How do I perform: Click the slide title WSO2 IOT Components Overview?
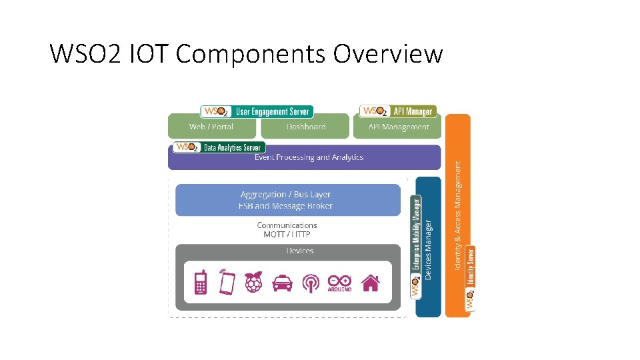point(246,53)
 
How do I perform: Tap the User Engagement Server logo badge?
point(257,111)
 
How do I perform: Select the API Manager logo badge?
point(398,111)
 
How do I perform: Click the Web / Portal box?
point(211,127)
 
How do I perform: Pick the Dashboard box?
point(305,127)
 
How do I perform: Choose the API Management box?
point(399,127)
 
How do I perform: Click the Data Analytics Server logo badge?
point(219,147)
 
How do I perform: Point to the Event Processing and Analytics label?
point(309,157)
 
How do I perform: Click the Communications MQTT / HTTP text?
point(287,230)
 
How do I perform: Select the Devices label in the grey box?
point(299,251)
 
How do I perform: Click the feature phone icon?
point(200,282)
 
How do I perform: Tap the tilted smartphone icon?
point(227,282)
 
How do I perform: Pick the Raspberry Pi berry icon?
point(254,282)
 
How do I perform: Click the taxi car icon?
point(282,283)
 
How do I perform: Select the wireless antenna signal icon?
point(311,283)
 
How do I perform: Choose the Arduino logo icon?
point(339,283)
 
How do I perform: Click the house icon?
point(371,283)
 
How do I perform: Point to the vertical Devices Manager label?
point(429,250)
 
